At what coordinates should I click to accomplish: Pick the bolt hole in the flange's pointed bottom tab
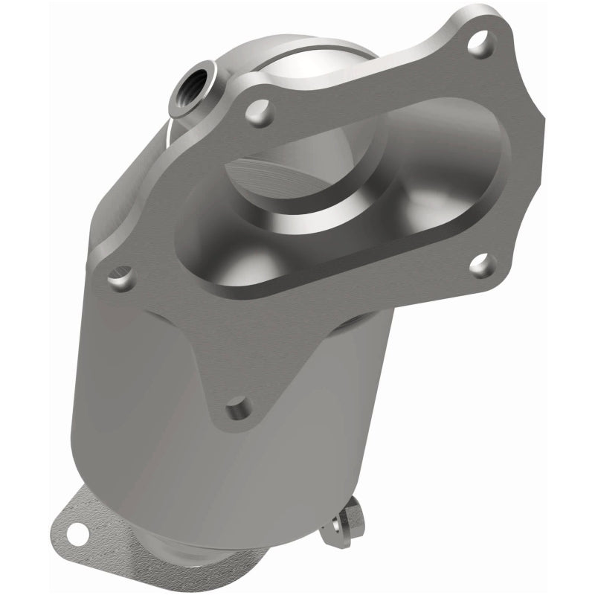238,407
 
